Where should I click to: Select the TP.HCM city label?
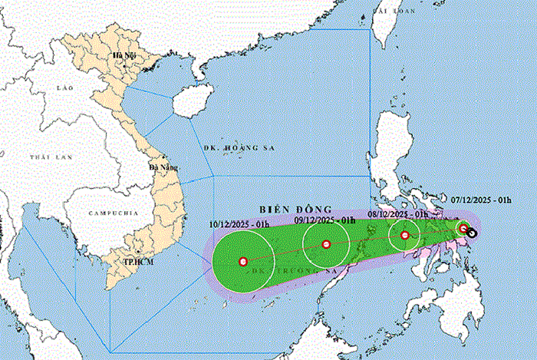click(x=137, y=261)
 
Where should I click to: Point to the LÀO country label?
click(x=64, y=88)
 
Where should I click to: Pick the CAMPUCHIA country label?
click(x=113, y=211)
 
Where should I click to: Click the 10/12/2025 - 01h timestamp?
click(x=239, y=224)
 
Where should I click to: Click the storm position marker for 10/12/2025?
click(x=243, y=262)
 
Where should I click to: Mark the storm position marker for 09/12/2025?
click(x=326, y=245)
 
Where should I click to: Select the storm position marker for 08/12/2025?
click(x=404, y=236)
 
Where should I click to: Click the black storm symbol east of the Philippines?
click(x=472, y=233)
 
